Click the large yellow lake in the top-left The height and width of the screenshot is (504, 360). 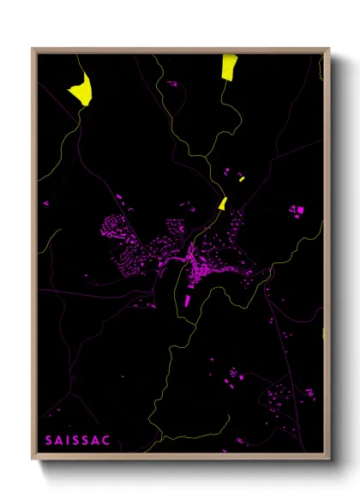81,89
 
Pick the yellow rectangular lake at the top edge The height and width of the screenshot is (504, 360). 229,66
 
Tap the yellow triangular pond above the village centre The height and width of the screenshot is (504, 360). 223,203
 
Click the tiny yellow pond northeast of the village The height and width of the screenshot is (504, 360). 242,179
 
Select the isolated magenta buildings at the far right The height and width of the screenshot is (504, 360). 297,209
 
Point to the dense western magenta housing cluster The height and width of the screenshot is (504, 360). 116,230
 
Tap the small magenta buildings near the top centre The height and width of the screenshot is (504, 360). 171,84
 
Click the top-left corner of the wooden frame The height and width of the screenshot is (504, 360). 33,49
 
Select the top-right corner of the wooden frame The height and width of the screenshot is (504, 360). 328,49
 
